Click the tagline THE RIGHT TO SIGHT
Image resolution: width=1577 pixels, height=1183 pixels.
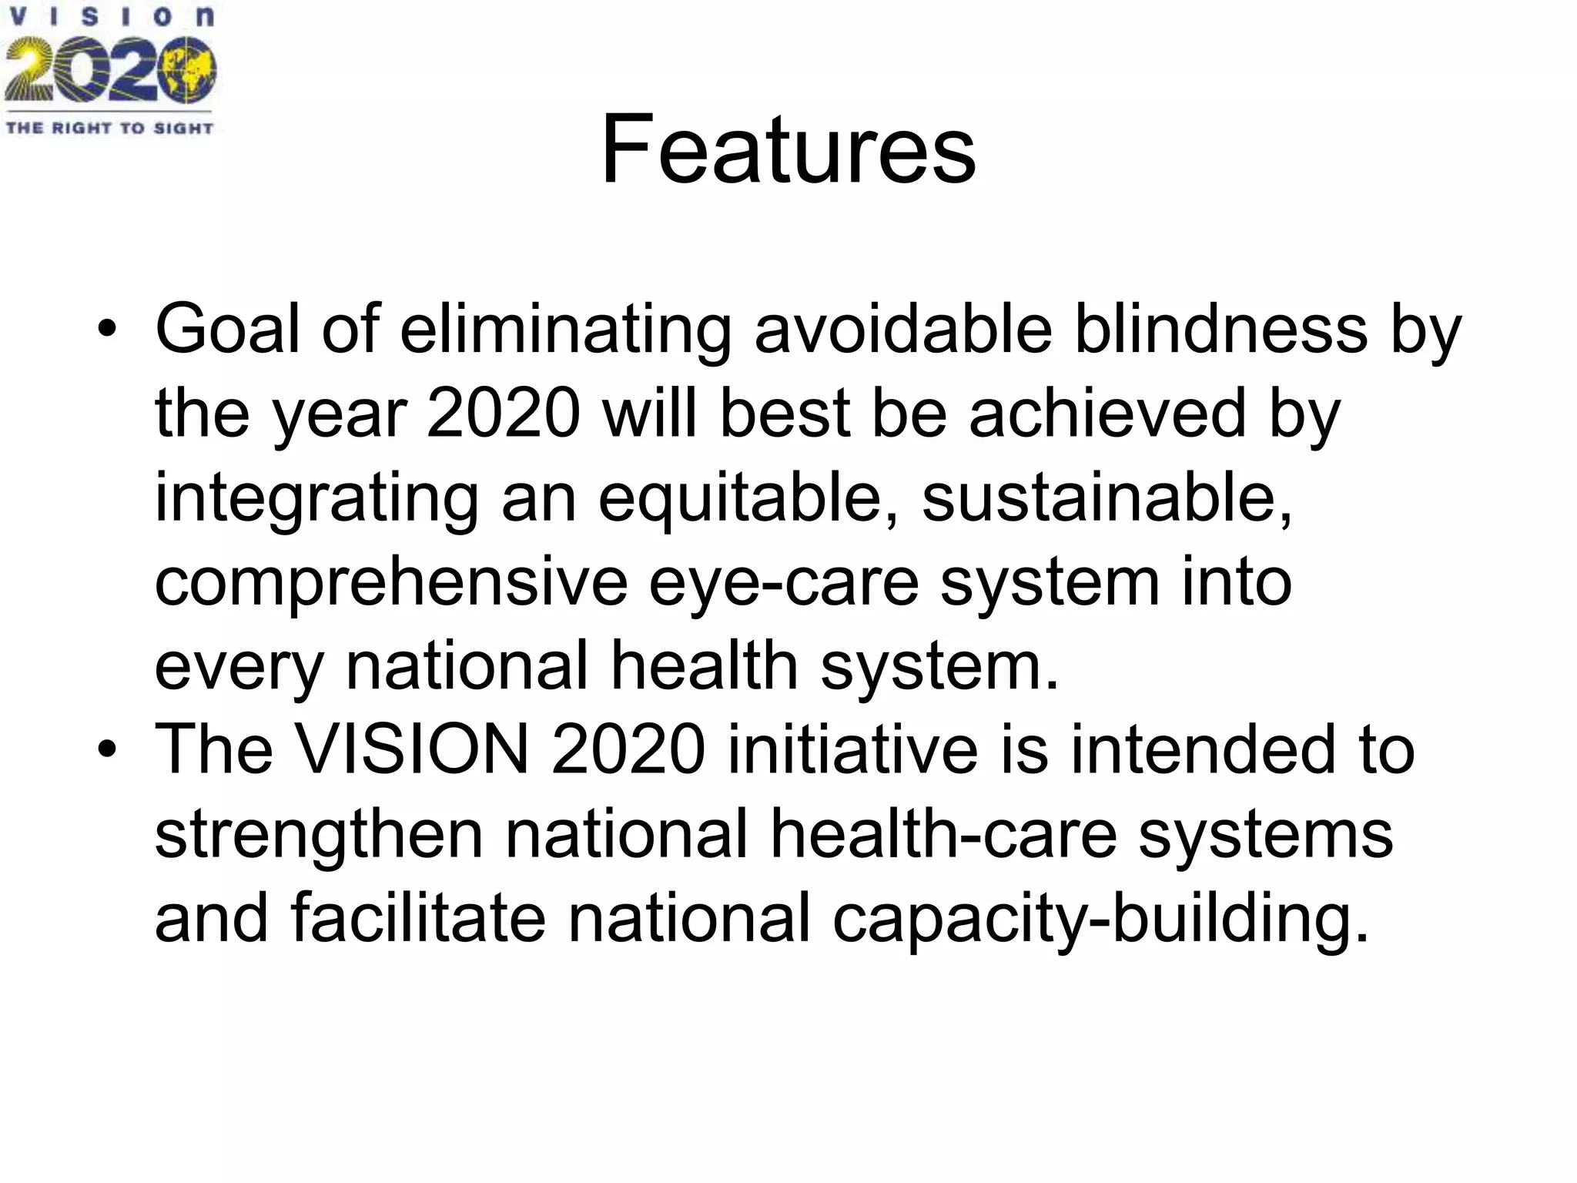coord(109,128)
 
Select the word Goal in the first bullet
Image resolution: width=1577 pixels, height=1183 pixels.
coord(227,329)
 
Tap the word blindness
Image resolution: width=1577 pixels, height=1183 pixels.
coord(1220,329)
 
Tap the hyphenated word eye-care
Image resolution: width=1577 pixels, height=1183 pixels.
coord(784,583)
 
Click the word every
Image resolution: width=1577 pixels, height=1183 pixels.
coord(239,667)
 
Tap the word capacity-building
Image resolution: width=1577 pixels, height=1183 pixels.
coord(1100,919)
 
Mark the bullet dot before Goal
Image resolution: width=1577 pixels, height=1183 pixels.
coord(107,330)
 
